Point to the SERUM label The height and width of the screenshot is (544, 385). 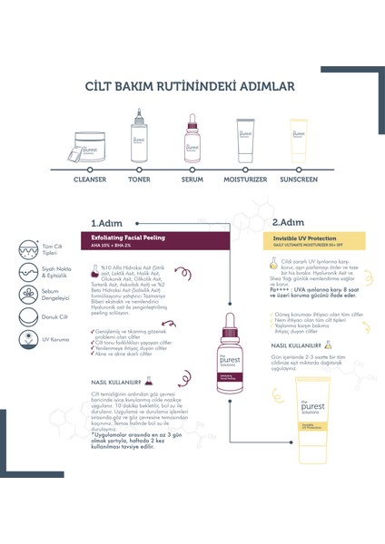[192, 179]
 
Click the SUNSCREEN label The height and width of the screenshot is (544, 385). [301, 179]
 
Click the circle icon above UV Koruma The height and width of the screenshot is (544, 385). [31, 368]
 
